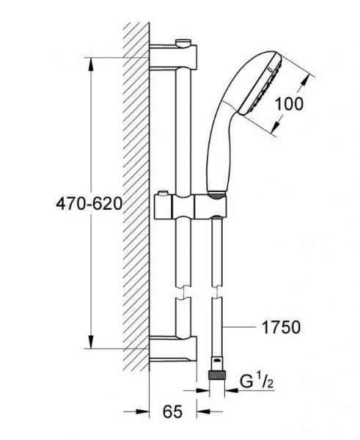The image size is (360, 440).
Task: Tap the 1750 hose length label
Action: [281, 327]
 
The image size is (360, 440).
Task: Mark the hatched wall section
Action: [136, 198]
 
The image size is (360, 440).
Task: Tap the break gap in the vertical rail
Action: [180, 296]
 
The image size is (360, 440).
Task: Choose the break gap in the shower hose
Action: [217, 296]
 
